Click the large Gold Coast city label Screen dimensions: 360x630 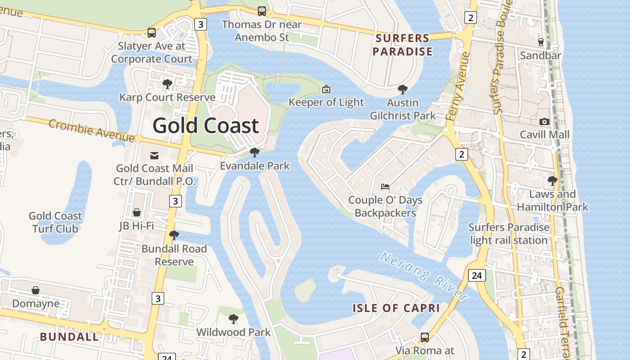(x=206, y=126)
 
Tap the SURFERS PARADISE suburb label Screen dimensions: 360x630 (x=402, y=45)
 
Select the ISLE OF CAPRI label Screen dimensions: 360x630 (x=396, y=308)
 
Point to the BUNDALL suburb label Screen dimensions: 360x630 (x=69, y=337)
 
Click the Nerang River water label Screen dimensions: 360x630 (x=423, y=275)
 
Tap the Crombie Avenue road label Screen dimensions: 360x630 (x=91, y=130)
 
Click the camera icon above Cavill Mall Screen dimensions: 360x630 (x=544, y=121)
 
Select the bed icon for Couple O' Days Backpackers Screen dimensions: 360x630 (x=385, y=186)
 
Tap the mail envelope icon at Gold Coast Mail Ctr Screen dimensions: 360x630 (x=154, y=156)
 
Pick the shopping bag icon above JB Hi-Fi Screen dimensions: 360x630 (x=137, y=212)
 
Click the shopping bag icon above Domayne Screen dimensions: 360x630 (x=36, y=290)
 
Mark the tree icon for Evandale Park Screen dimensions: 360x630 (x=255, y=153)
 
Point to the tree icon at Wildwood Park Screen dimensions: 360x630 (x=233, y=319)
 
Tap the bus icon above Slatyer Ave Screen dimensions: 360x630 (x=152, y=32)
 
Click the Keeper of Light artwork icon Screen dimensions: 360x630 (x=326, y=89)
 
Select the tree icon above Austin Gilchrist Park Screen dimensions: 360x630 (x=403, y=90)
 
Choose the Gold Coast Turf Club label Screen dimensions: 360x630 (x=55, y=222)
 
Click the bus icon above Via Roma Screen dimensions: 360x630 (x=424, y=337)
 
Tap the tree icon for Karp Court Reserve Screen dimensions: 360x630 (x=167, y=84)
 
